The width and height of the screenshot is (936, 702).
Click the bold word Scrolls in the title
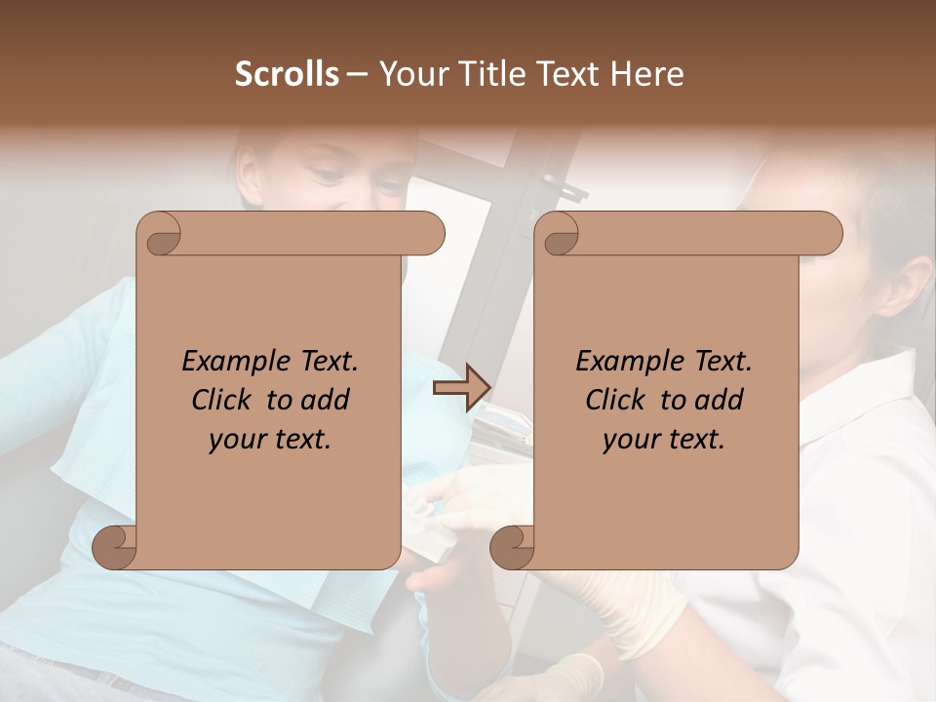tap(287, 74)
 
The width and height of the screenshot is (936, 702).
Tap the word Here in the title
tap(647, 74)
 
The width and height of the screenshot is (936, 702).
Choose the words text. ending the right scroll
tap(696, 440)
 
